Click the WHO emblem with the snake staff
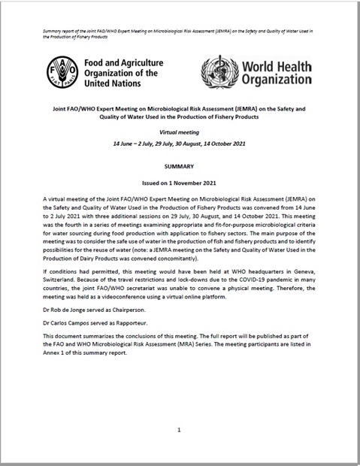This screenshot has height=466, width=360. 219,74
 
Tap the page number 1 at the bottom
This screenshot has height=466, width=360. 180,431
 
